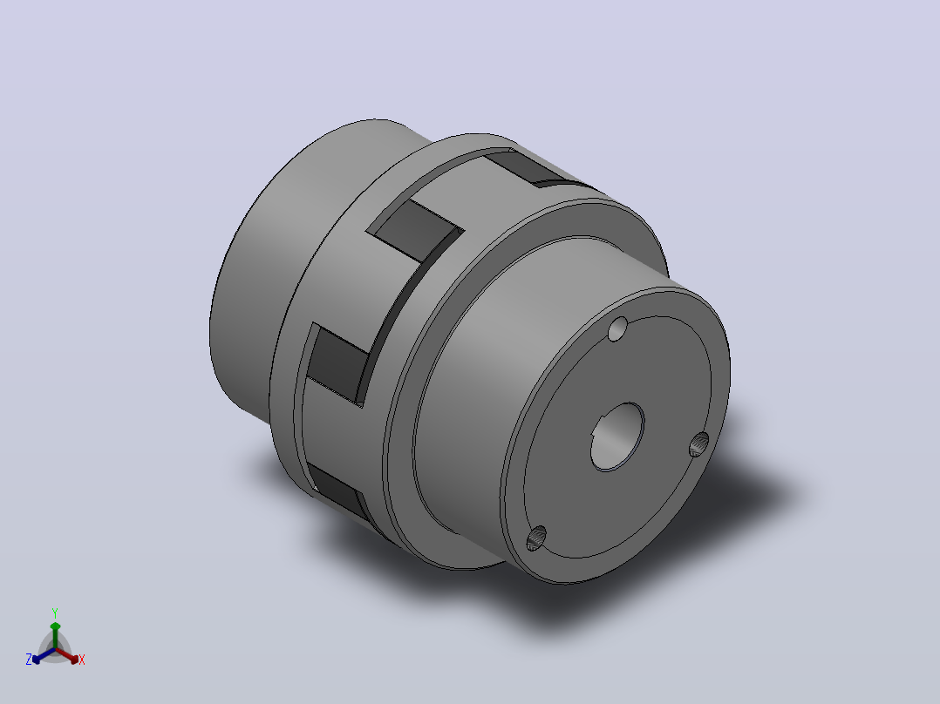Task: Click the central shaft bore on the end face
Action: click(616, 437)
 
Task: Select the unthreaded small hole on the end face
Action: click(617, 329)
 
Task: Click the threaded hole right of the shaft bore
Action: click(698, 444)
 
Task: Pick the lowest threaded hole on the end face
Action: click(536, 538)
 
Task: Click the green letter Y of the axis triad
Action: click(55, 613)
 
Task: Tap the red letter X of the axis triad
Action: click(82, 660)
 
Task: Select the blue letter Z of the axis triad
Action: click(29, 660)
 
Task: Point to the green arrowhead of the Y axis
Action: click(55, 626)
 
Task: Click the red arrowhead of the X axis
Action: click(73, 659)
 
